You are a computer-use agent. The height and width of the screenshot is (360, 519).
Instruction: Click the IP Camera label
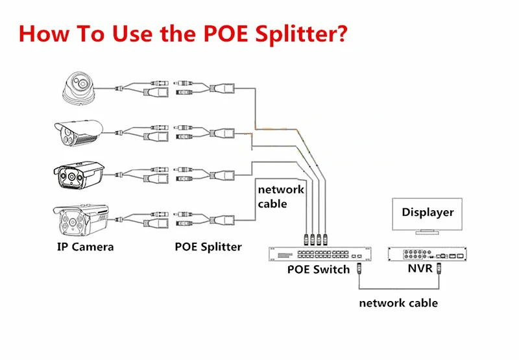[85, 246]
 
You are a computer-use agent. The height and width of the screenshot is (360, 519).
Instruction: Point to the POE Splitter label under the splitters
[208, 246]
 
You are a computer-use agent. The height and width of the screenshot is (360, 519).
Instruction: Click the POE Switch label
[318, 269]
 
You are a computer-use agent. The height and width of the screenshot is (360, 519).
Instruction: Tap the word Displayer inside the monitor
[428, 212]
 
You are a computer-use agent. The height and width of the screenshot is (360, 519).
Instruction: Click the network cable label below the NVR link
[398, 303]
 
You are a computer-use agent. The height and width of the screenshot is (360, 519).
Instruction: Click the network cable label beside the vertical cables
[280, 197]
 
